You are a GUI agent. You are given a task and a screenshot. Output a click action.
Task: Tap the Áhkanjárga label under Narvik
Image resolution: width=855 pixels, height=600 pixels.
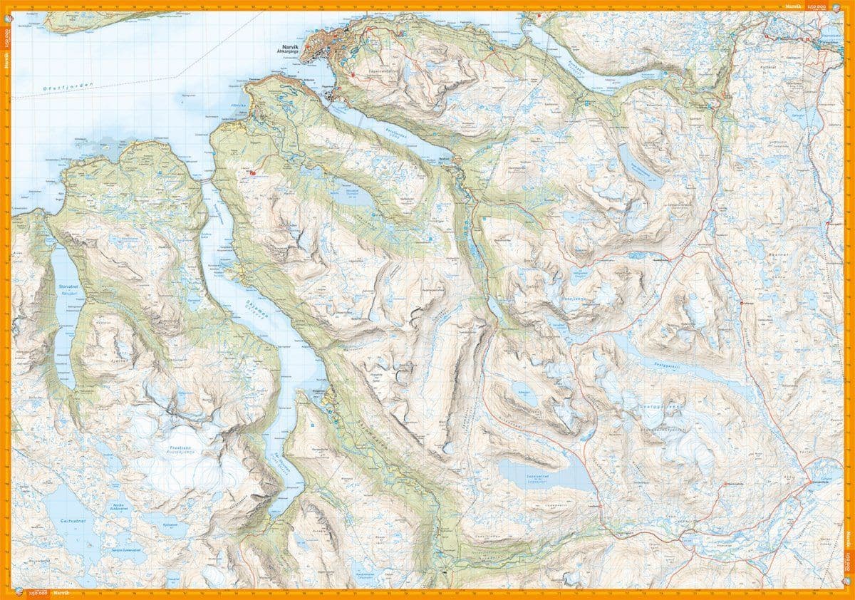tap(292, 57)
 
